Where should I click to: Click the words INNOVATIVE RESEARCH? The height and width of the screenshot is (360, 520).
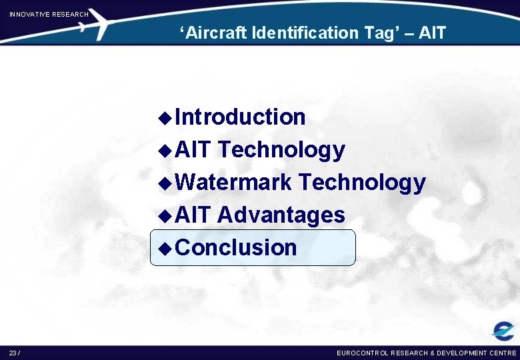click(x=49, y=14)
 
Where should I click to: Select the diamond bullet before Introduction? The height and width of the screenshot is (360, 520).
click(x=166, y=118)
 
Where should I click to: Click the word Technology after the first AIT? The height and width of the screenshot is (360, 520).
click(x=281, y=150)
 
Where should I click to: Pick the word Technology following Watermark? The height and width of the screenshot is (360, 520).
click(x=362, y=182)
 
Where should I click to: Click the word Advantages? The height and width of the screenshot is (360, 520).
click(x=281, y=215)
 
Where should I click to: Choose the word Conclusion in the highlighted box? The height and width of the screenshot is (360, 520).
click(x=236, y=247)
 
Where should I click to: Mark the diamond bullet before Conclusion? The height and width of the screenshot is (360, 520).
click(x=166, y=249)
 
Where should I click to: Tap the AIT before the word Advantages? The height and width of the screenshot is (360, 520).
click(x=193, y=215)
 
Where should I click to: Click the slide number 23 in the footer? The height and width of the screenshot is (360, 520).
click(x=13, y=352)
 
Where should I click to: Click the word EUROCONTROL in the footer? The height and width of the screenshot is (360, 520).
click(x=364, y=352)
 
